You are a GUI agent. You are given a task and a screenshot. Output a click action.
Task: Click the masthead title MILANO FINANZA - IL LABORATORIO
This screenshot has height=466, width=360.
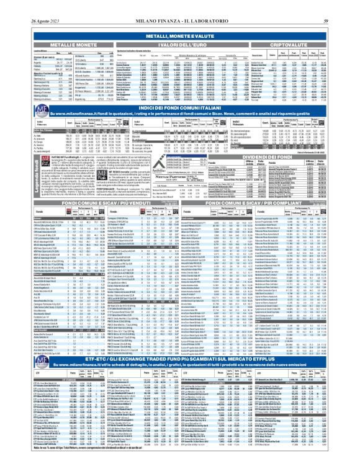(179, 6)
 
